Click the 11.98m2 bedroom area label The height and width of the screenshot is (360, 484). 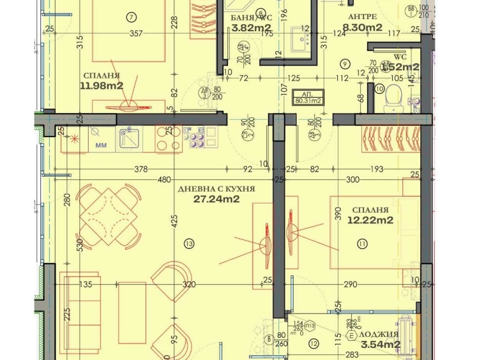(x=101, y=86)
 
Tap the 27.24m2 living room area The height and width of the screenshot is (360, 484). (x=216, y=199)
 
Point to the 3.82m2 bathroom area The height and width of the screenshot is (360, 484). (x=251, y=27)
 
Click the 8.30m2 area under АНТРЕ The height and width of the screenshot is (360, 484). (x=362, y=27)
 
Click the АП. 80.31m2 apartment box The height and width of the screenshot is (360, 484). (x=307, y=96)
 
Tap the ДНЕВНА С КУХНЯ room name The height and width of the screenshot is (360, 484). (x=217, y=189)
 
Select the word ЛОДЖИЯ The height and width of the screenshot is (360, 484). (x=379, y=334)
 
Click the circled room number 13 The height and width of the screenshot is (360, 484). (x=188, y=242)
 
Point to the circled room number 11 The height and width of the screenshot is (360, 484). (x=363, y=243)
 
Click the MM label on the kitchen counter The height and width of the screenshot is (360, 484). (x=101, y=146)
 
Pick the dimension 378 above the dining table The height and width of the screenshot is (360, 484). (x=141, y=169)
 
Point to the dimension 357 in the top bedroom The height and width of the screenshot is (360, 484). (x=135, y=34)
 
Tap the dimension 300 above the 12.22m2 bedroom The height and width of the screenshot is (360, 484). (x=352, y=180)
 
